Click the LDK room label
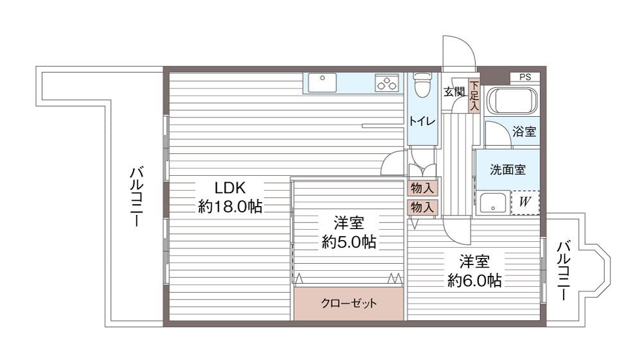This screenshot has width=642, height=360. coord(230,188)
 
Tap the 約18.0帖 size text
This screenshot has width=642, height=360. coord(230,207)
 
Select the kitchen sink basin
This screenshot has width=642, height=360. coord(322,83)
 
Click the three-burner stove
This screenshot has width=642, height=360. coord(387,83)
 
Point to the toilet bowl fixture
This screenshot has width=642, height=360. coord(421,84)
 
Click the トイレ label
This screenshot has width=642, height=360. coord(422,121)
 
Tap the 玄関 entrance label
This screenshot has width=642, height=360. coord(455,92)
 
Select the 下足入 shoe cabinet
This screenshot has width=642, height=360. coord(474,96)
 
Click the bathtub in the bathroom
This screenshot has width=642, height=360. coord(512,101)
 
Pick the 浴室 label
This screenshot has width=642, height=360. coord(524,132)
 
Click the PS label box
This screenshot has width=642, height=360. coord(525,77)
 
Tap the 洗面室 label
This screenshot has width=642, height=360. coord(508,169)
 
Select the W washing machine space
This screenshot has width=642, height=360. coord(525,203)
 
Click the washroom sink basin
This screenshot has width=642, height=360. coord(493,203)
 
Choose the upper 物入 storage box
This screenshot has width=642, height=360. coord(422,189)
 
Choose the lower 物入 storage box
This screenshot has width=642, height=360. coord(422,207)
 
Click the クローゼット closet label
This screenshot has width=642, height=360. coord(349,303)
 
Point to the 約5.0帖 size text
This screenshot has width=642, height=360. coord(349,242)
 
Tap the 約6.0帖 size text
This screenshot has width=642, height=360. coord(474,280)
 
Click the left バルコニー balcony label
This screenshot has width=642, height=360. coord(136,196)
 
